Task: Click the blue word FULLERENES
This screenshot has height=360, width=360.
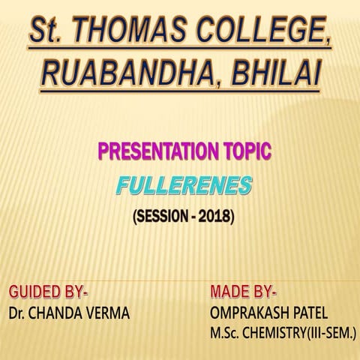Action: coord(184,186)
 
